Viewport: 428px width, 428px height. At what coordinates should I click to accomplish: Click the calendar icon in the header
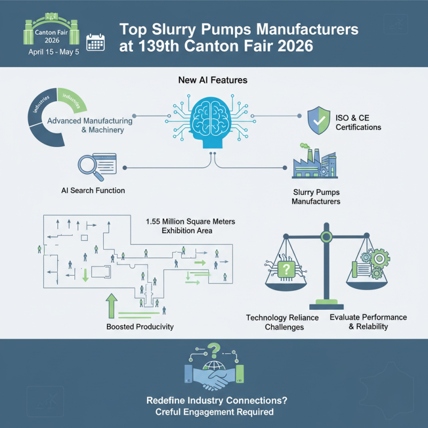[96, 42]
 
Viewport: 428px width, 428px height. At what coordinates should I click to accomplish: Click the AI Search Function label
[93, 190]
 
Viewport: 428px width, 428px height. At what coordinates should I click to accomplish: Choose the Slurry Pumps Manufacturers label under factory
[316, 197]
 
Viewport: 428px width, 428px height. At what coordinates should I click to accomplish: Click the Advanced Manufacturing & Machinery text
[89, 125]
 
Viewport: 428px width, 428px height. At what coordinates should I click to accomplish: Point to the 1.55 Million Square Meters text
[190, 226]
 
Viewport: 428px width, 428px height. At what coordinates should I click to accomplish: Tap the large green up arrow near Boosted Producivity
[111, 305]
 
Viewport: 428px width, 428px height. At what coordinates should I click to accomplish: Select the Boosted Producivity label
[140, 326]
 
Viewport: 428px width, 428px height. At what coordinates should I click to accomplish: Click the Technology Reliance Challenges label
[282, 322]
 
